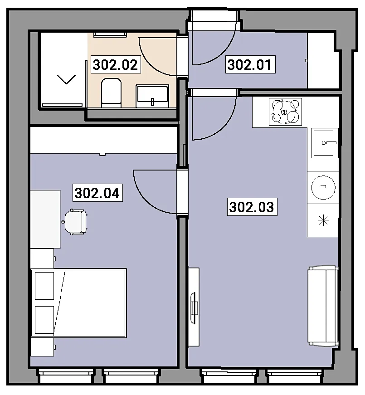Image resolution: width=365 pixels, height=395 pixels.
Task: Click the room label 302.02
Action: click(x=115, y=64)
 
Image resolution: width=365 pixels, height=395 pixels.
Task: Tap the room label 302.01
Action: click(x=250, y=64)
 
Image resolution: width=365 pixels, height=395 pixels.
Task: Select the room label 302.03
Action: click(x=252, y=207)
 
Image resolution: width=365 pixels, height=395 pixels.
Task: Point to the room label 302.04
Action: click(x=97, y=193)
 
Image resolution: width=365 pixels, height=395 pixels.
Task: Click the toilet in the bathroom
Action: click(x=111, y=93)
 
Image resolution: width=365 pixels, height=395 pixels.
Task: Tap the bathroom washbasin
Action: click(x=152, y=96)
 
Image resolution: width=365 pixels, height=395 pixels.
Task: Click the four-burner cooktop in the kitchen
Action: click(x=285, y=112)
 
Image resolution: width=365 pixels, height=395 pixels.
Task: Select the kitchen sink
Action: click(x=325, y=143)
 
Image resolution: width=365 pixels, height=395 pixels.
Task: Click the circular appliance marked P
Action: click(x=323, y=187)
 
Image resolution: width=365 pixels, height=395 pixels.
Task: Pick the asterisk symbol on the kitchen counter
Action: click(x=323, y=221)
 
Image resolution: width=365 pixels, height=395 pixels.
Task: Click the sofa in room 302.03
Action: click(x=323, y=306)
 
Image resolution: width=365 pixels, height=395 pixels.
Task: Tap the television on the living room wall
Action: click(x=194, y=308)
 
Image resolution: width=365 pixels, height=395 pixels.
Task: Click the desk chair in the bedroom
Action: click(x=75, y=222)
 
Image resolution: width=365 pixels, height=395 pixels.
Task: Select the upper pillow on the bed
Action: click(x=44, y=286)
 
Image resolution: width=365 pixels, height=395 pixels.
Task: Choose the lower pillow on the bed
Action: click(x=44, y=320)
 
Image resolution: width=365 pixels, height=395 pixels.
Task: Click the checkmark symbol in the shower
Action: click(x=67, y=79)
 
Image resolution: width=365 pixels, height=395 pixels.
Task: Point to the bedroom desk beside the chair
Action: click(x=45, y=219)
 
